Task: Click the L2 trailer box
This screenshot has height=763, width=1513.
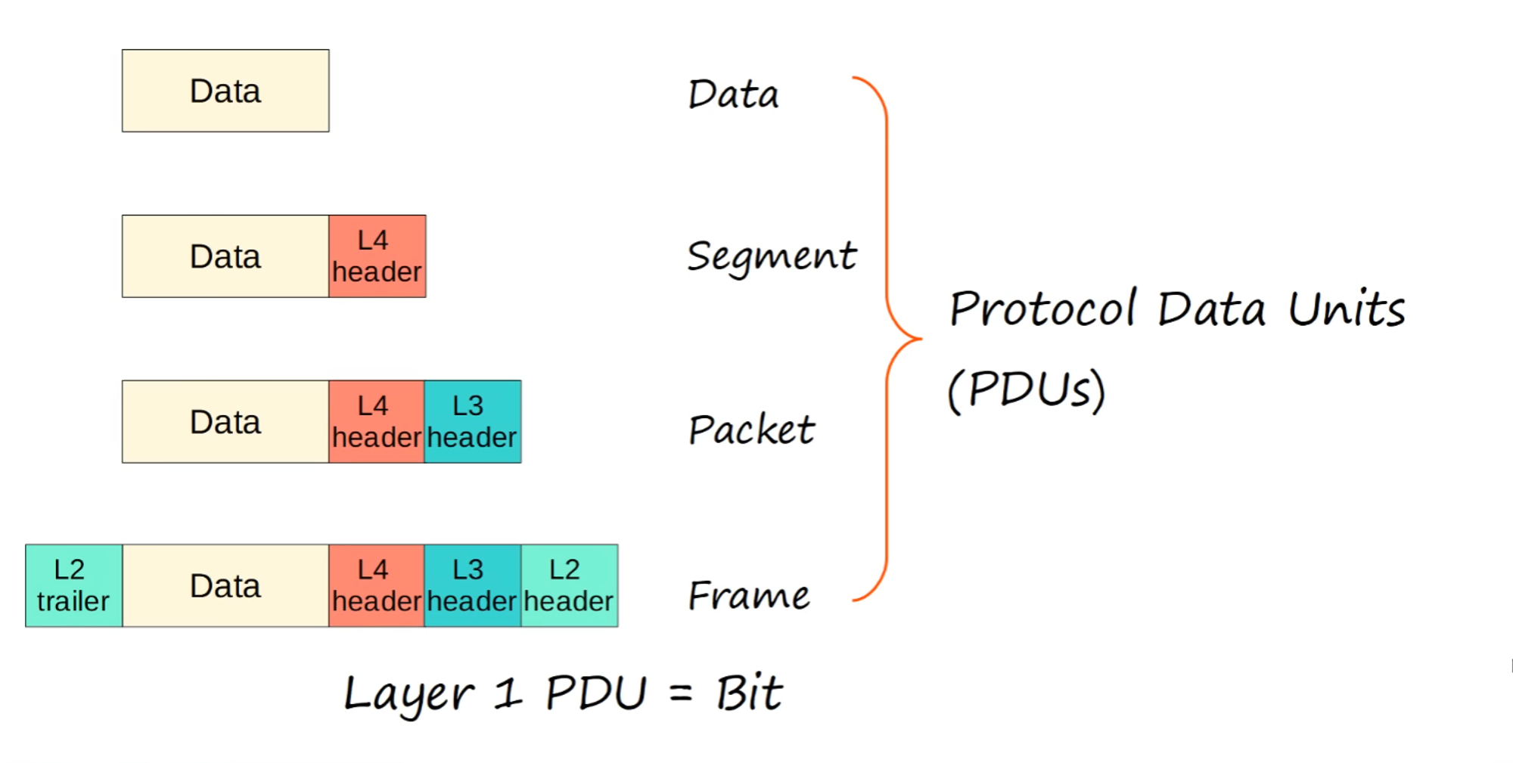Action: pyautogui.click(x=73, y=585)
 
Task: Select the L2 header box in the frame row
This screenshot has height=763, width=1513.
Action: pyautogui.click(x=569, y=585)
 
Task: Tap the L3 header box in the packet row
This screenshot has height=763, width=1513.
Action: pyautogui.click(x=472, y=421)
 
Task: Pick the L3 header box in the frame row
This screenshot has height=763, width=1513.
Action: pyautogui.click(x=472, y=585)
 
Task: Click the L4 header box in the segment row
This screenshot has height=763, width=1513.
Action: pyautogui.click(x=377, y=256)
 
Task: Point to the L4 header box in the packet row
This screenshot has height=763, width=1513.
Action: pyautogui.click(x=376, y=421)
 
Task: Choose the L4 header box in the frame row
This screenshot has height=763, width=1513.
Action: pyautogui.click(x=376, y=585)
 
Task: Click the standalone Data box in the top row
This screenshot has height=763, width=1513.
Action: pyautogui.click(x=225, y=91)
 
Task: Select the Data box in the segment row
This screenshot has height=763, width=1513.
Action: pyautogui.click(x=225, y=256)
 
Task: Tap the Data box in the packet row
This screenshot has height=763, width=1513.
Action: pyautogui.click(x=225, y=421)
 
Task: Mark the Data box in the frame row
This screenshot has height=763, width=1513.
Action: pyautogui.click(x=225, y=585)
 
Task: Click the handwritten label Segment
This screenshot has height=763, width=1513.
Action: pyautogui.click(x=772, y=256)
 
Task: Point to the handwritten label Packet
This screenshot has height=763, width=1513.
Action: pyautogui.click(x=751, y=430)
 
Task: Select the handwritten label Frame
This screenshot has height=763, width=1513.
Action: pyautogui.click(x=749, y=595)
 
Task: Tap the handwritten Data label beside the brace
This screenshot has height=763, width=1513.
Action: pyautogui.click(x=733, y=95)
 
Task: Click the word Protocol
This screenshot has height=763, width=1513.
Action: pyautogui.click(x=1042, y=309)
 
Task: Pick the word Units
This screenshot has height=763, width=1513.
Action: pyautogui.click(x=1347, y=309)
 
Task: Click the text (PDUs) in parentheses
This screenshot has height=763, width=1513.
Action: pyautogui.click(x=1027, y=389)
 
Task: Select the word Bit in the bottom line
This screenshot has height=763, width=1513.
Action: pyautogui.click(x=749, y=693)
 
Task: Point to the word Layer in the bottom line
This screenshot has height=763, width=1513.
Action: pyautogui.click(x=409, y=694)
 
